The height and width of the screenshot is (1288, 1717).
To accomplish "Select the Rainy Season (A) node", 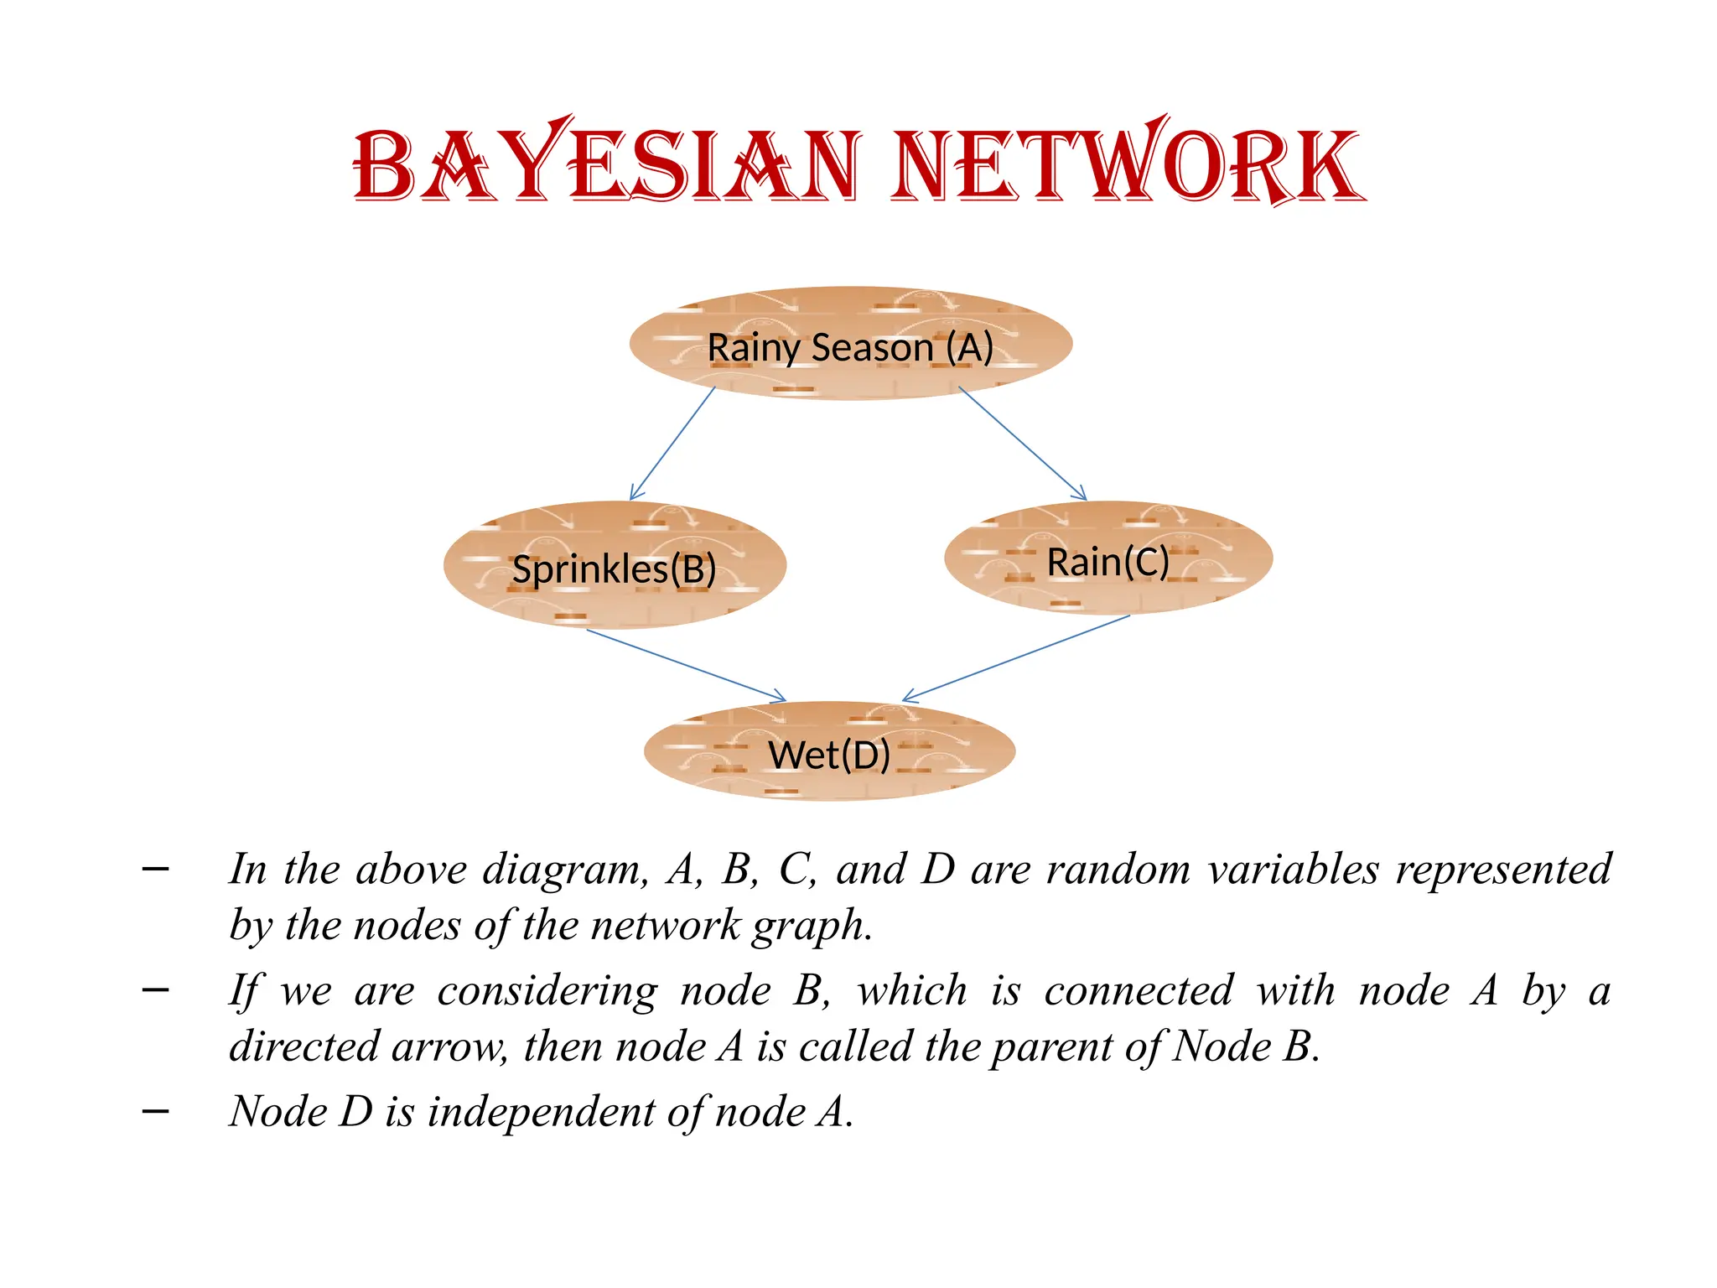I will [850, 345].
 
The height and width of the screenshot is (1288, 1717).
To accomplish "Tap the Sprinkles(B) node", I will [614, 568].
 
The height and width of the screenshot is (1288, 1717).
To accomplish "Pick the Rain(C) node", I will [1107, 560].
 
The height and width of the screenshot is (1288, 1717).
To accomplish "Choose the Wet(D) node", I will [828, 753].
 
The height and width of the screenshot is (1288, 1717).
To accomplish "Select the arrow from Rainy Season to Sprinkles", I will [672, 443].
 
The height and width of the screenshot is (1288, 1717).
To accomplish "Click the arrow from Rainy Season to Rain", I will [1022, 443].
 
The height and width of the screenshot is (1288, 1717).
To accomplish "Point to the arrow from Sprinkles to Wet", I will [686, 665].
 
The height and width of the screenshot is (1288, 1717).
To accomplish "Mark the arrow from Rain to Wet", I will [1016, 658].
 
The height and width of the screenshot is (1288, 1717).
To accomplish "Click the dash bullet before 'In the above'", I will [156, 870].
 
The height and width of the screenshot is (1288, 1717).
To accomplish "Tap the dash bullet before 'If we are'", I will [156, 991].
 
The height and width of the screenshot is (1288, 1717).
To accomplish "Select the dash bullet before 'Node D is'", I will [156, 1112].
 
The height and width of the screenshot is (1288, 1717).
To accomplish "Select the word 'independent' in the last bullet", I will [542, 1112].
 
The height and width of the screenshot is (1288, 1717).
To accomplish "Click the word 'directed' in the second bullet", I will [304, 1047].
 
